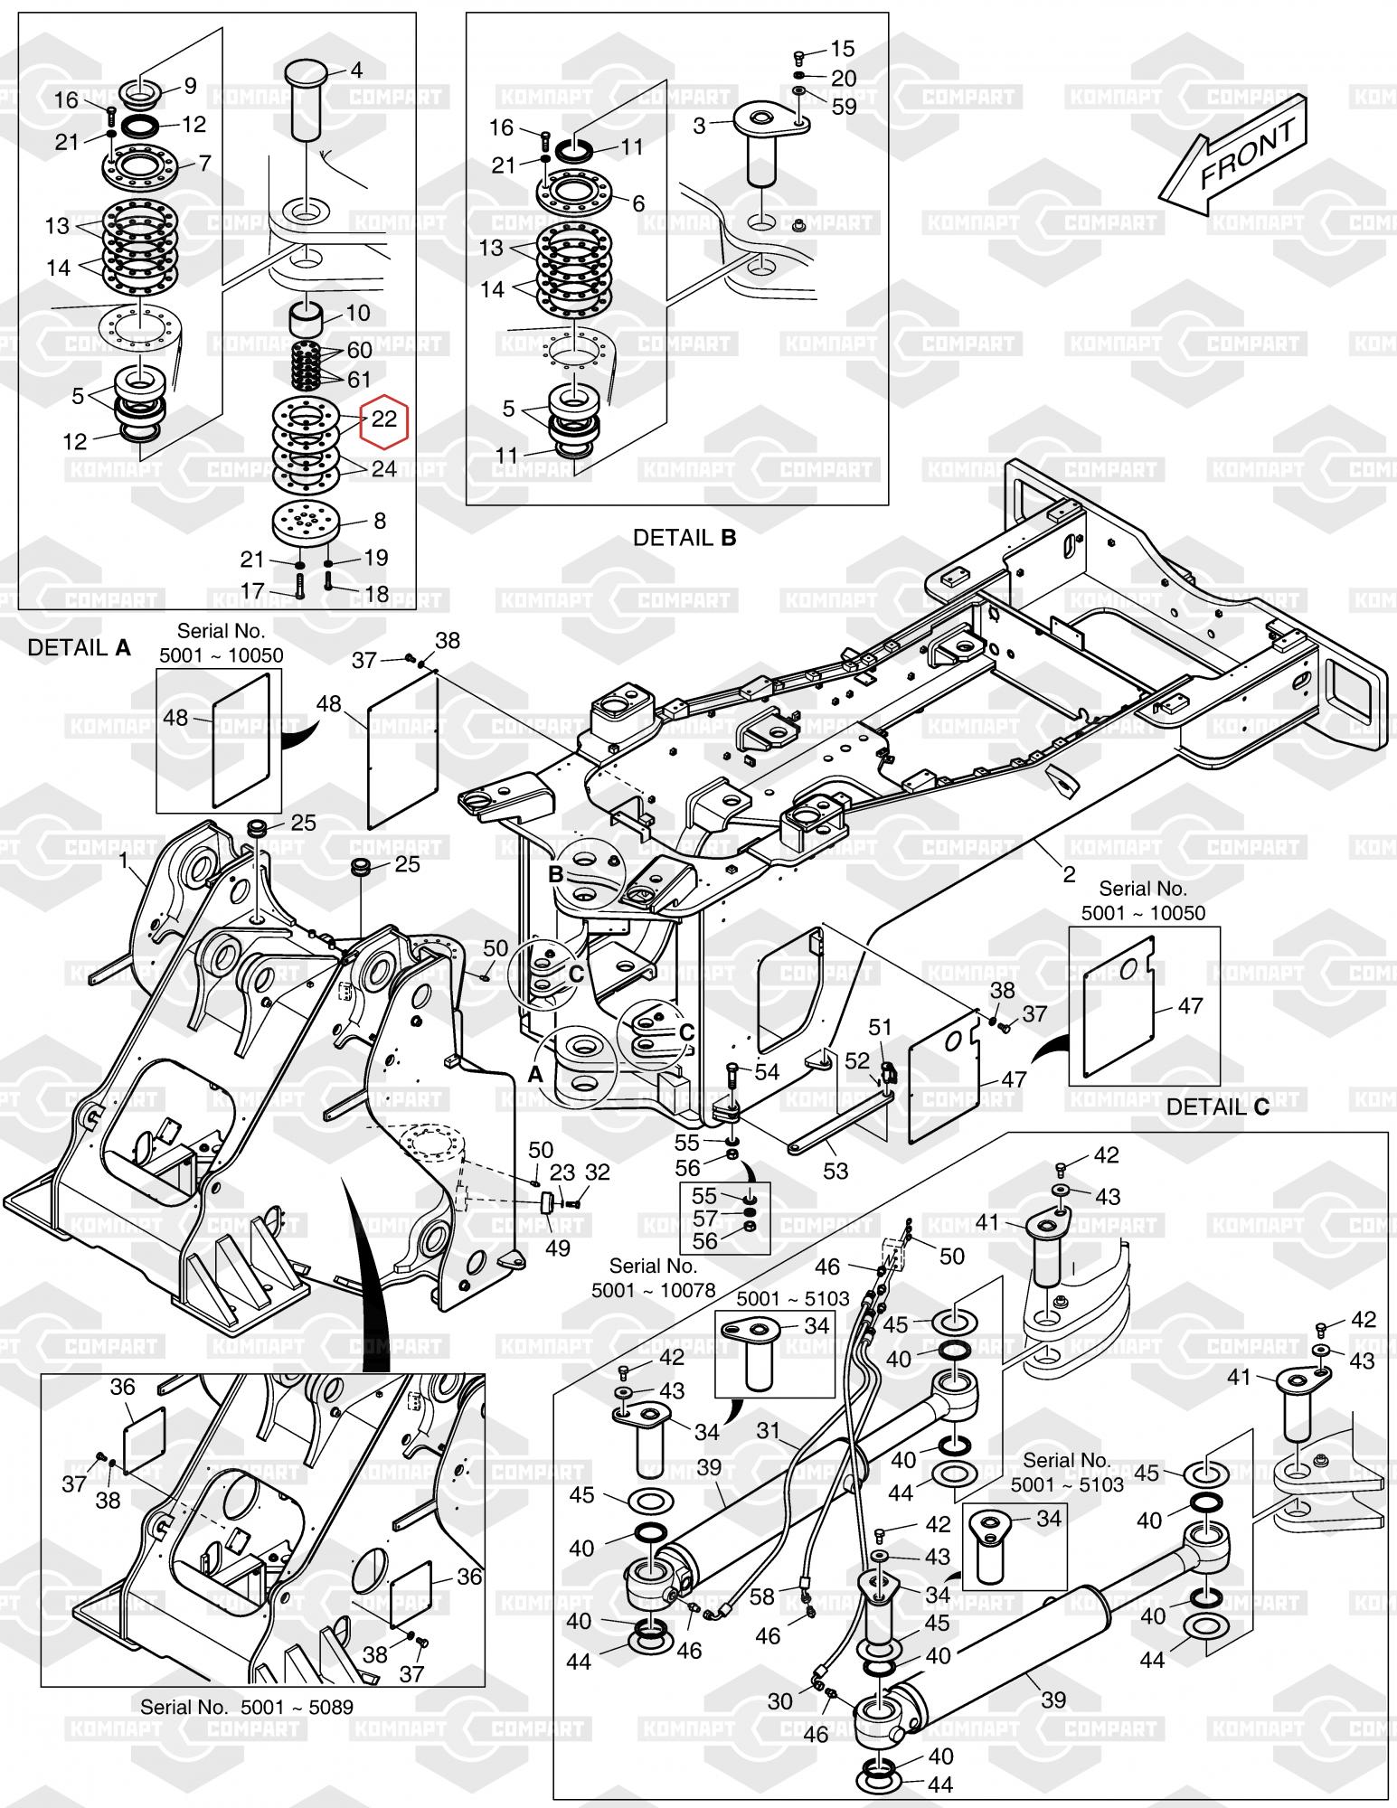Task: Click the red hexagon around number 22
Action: (384, 420)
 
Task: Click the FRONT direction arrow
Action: (1234, 153)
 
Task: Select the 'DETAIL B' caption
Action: (684, 538)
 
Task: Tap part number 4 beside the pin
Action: (356, 71)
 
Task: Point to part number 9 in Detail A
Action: (190, 86)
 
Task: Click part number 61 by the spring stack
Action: (359, 380)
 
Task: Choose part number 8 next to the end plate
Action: (380, 521)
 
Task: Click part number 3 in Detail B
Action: (699, 126)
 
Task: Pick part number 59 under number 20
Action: (844, 107)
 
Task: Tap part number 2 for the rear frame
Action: (1070, 874)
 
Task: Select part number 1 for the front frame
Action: (125, 861)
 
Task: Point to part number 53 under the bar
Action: (835, 1171)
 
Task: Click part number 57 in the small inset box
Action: (704, 1218)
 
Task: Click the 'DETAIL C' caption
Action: (1218, 1106)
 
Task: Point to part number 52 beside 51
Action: (857, 1060)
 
